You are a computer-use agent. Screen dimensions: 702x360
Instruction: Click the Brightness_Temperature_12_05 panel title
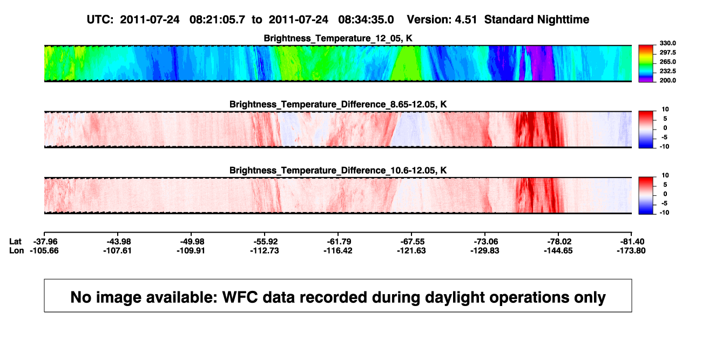(338, 38)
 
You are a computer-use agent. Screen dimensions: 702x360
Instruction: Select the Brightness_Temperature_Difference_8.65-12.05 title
(338, 104)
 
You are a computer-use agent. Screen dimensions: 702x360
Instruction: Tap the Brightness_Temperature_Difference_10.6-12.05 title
(338, 171)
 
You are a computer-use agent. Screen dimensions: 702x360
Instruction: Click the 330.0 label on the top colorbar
(667, 43)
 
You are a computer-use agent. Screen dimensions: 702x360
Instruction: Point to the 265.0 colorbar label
(667, 62)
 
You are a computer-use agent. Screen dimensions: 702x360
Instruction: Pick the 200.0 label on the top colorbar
(667, 80)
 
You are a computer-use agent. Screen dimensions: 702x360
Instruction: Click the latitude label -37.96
(44, 242)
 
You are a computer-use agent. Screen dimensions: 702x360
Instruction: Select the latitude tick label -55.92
(265, 242)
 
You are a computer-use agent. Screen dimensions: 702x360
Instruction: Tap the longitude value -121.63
(411, 250)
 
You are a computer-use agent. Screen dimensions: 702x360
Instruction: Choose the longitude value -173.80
(631, 250)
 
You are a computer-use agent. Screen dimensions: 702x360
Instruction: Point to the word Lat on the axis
(15, 242)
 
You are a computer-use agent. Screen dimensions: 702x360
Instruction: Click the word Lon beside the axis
(16, 250)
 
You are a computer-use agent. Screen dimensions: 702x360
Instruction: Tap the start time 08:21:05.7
(217, 19)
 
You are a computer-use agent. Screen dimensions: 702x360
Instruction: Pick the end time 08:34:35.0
(366, 19)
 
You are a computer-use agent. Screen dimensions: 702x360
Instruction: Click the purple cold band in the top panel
(541, 63)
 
